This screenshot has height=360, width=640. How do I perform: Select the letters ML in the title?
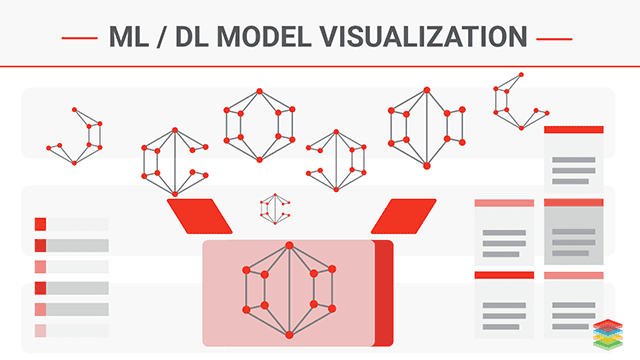click(x=131, y=38)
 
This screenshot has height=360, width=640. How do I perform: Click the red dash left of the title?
click(x=78, y=39)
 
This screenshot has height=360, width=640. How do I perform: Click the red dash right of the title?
click(x=553, y=39)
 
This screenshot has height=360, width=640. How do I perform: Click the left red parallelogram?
click(x=199, y=214)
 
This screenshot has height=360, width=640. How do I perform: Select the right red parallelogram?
click(x=405, y=214)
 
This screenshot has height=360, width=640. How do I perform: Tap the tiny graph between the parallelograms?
click(x=275, y=208)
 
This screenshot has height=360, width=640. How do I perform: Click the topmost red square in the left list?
click(x=40, y=224)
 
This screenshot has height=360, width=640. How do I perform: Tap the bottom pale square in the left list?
click(x=40, y=331)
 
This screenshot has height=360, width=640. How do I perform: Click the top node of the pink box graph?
click(x=288, y=245)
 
